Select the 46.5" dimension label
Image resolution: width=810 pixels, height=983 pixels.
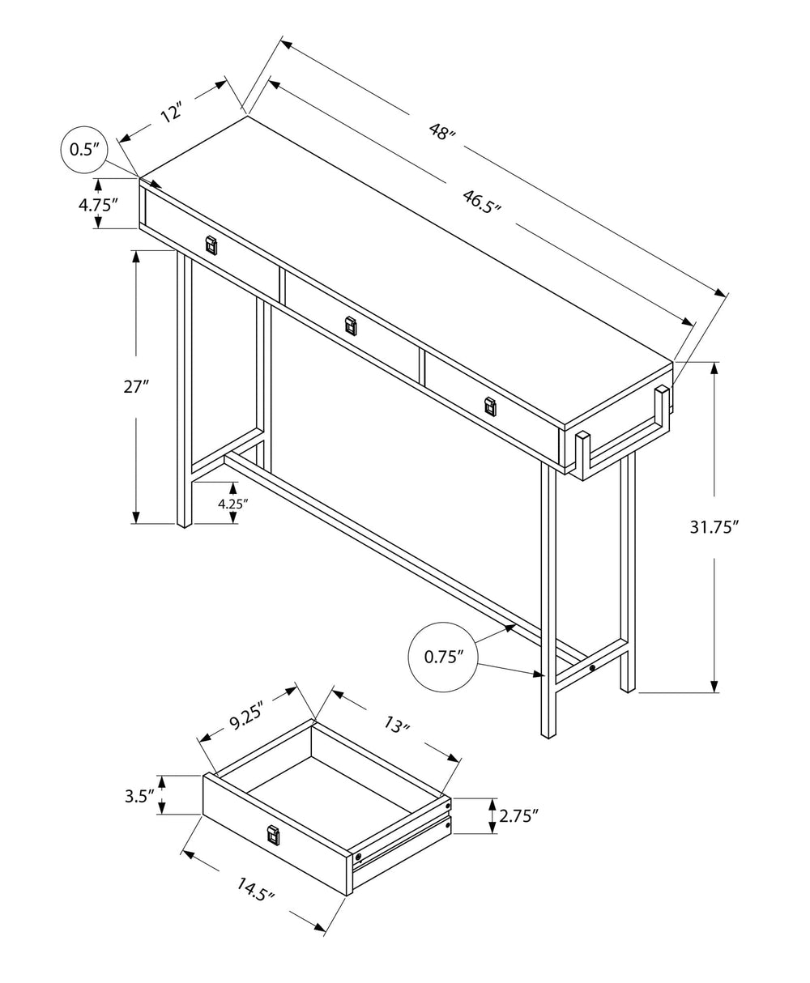(481, 200)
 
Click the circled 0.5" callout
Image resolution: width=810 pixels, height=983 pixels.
(84, 149)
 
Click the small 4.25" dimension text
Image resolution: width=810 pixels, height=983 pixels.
(232, 503)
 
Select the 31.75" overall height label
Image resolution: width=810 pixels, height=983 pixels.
(714, 527)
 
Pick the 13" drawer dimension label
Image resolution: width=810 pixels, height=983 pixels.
(394, 725)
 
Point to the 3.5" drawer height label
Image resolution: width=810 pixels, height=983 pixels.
(139, 795)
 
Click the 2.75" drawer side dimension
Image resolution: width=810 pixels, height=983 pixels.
(519, 816)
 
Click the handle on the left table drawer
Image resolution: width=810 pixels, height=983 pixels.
(211, 245)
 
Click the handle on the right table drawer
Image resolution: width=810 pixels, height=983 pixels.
(489, 406)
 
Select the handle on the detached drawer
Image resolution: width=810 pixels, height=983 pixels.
(273, 833)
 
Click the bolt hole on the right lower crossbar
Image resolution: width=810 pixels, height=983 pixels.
(593, 668)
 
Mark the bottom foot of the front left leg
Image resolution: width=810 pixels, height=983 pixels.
(184, 523)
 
